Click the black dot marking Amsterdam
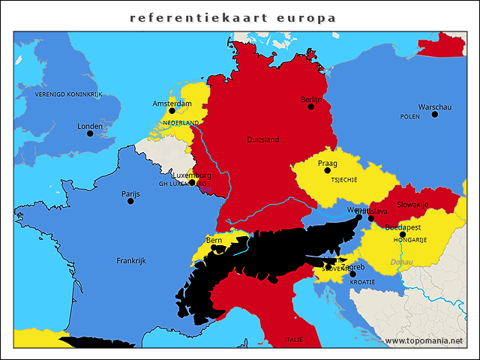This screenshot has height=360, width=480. coord(172,111)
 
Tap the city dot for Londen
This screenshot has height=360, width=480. coord(90,133)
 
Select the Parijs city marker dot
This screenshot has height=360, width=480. coord(130,201)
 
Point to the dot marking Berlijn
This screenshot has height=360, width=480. coord(310,106)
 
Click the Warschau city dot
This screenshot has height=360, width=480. coord(434,114)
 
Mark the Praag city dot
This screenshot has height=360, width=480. coord(327,170)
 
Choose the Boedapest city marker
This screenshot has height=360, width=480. coord(403,235)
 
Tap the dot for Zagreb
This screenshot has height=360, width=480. coord(353,274)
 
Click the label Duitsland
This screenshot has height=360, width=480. coord(262,139)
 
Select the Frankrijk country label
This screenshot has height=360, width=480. coord(130,261)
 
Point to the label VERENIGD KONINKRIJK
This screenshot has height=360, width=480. coord(68,94)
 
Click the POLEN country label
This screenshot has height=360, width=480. coord(410,117)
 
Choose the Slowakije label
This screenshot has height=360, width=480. coord(412,205)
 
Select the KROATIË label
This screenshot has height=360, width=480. coord(362,281)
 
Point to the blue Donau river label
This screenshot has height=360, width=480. coord(400,262)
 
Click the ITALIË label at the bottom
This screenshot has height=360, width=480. coord(294,340)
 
